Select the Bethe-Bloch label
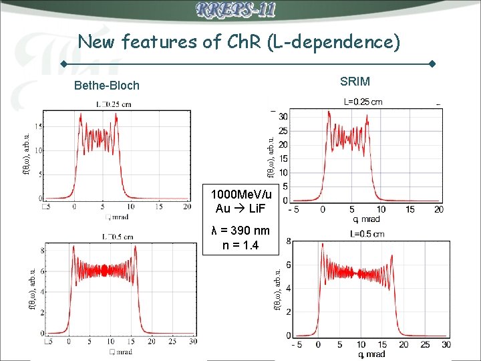[x=107, y=85]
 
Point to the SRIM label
[x=355, y=82]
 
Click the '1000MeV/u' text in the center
[x=241, y=195]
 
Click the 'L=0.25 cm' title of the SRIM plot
[x=363, y=102]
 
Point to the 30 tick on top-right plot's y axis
[x=283, y=116]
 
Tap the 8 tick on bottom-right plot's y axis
[x=288, y=241]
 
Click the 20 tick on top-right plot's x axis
[x=438, y=210]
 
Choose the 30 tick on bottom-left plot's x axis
[x=193, y=342]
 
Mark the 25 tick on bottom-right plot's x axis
[x=426, y=345]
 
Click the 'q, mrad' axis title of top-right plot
[x=366, y=219]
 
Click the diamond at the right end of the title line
[x=432, y=64]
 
